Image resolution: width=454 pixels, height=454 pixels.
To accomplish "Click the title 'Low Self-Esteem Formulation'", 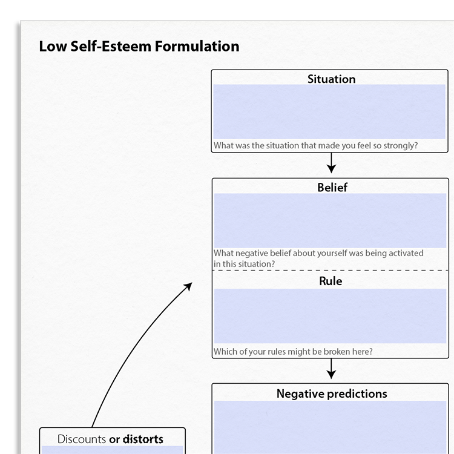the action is pyautogui.click(x=139, y=47).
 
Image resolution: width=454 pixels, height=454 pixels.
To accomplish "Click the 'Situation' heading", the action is pyautogui.click(x=332, y=79).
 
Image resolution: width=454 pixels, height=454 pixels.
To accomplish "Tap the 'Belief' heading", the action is pyautogui.click(x=332, y=187).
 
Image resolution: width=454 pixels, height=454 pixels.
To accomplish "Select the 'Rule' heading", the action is pyautogui.click(x=331, y=281).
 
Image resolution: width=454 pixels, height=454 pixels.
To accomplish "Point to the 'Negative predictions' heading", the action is pyautogui.click(x=332, y=394).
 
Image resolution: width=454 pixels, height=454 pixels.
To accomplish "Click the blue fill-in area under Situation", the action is pyautogui.click(x=329, y=111).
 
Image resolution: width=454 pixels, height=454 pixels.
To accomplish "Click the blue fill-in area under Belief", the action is pyautogui.click(x=330, y=220).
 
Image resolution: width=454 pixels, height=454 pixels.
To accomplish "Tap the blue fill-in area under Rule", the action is pyautogui.click(x=330, y=316).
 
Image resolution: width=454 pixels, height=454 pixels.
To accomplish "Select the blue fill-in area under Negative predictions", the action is pyautogui.click(x=330, y=427).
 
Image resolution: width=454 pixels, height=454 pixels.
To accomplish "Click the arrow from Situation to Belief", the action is pyautogui.click(x=331, y=163).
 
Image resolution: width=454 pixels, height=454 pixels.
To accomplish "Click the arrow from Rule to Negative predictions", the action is pyautogui.click(x=331, y=369).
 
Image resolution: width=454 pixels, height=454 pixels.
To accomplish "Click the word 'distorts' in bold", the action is pyautogui.click(x=143, y=439).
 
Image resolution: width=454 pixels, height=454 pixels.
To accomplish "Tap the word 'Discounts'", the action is pyautogui.click(x=82, y=439).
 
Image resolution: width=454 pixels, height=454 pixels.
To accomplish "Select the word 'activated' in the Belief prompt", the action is pyautogui.click(x=406, y=253).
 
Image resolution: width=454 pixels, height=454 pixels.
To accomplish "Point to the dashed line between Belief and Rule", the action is pyautogui.click(x=331, y=270).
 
